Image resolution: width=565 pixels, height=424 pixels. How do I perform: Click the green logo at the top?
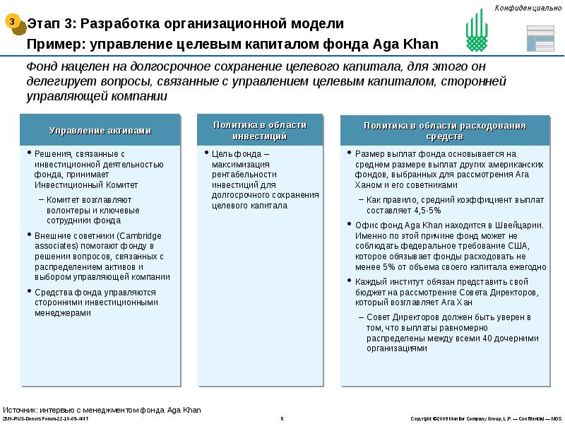click(x=477, y=32)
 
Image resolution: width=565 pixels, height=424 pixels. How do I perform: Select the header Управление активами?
click(x=100, y=131)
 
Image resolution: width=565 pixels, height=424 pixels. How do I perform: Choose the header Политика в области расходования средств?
click(x=445, y=131)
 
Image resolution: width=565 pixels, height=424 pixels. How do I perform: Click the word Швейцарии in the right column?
click(x=519, y=225)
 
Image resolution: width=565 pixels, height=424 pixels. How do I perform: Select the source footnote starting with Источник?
click(x=102, y=410)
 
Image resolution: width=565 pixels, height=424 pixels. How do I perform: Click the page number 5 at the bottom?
click(x=282, y=419)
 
